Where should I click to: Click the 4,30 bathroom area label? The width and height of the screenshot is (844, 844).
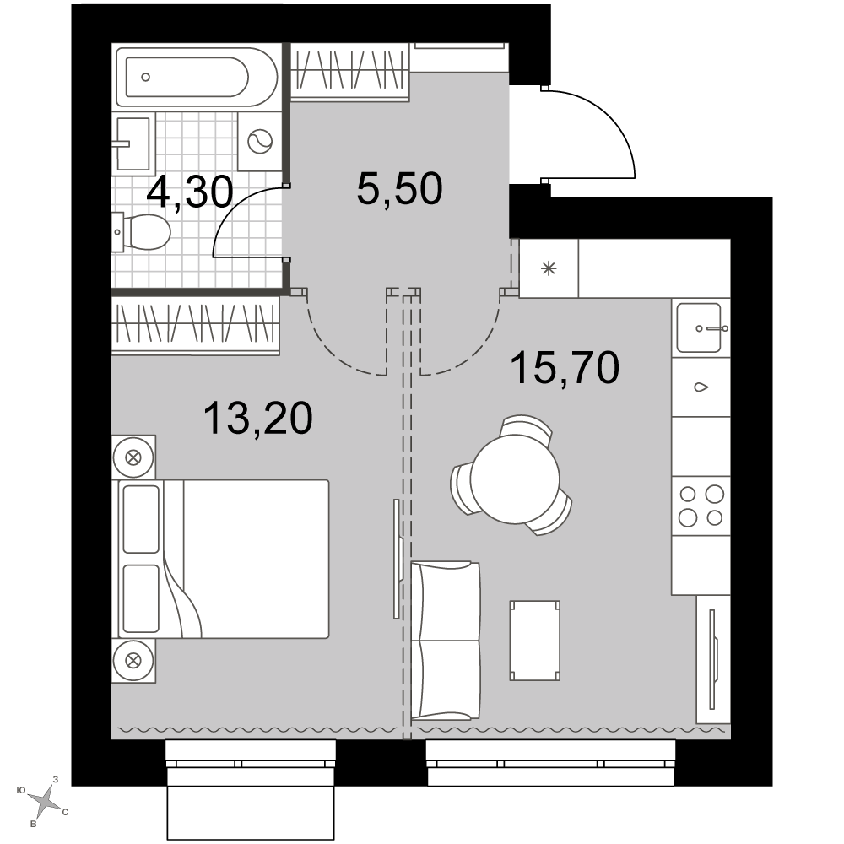[x=190, y=192]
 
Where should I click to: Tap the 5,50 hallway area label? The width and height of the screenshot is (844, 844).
[x=400, y=189]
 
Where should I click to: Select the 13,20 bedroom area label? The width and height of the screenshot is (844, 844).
[x=258, y=419]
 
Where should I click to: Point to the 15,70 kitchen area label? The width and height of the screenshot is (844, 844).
[x=565, y=368]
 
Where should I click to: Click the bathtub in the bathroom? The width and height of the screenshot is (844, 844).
[x=197, y=77]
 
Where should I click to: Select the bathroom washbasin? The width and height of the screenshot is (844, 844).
[x=133, y=143]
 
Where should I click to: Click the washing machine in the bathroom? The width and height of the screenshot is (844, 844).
[x=260, y=142]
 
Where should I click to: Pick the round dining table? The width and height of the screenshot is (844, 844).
[x=515, y=479]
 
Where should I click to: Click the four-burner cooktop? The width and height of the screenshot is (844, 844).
[x=701, y=506]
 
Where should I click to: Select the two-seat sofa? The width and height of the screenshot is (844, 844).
[x=445, y=641]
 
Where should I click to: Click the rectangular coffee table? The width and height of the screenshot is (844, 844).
[x=534, y=641]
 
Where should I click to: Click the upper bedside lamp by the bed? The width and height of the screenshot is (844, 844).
[x=133, y=458]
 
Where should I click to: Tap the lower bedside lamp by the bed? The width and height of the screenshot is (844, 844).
[x=133, y=660]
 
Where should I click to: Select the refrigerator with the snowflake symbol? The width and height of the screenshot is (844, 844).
[x=549, y=268]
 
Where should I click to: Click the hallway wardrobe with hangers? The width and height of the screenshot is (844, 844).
[x=350, y=72]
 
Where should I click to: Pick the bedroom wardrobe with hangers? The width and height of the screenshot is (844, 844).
[x=196, y=326]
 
